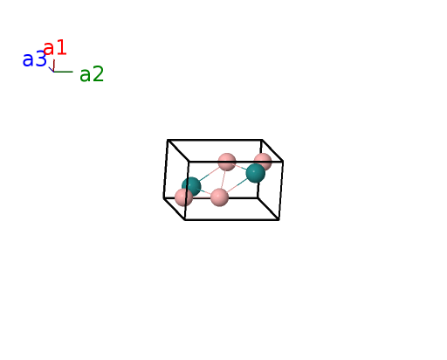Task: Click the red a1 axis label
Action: [x=55, y=48]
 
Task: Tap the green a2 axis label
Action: [x=92, y=74]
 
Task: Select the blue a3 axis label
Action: [x=34, y=59]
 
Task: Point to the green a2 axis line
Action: [x=63, y=72]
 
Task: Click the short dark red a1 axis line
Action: [x=54, y=66]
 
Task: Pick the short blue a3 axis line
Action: [x=52, y=69]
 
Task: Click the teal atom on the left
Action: [x=191, y=186]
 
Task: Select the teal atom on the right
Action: [x=256, y=173]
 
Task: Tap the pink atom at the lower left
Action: [x=183, y=197]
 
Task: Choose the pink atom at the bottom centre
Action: [x=219, y=197]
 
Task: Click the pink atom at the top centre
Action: [x=227, y=162]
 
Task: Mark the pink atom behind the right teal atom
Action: [x=263, y=161]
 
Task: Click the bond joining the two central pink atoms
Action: [x=223, y=179]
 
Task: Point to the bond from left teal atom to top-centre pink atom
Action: [x=210, y=174]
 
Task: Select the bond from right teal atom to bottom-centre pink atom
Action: [x=237, y=186]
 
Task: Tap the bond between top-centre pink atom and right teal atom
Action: [x=241, y=167]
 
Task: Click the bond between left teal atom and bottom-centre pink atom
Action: [x=205, y=191]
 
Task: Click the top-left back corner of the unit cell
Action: [x=168, y=140]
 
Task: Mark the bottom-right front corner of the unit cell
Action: [x=279, y=220]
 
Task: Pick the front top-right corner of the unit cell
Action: [x=283, y=161]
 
